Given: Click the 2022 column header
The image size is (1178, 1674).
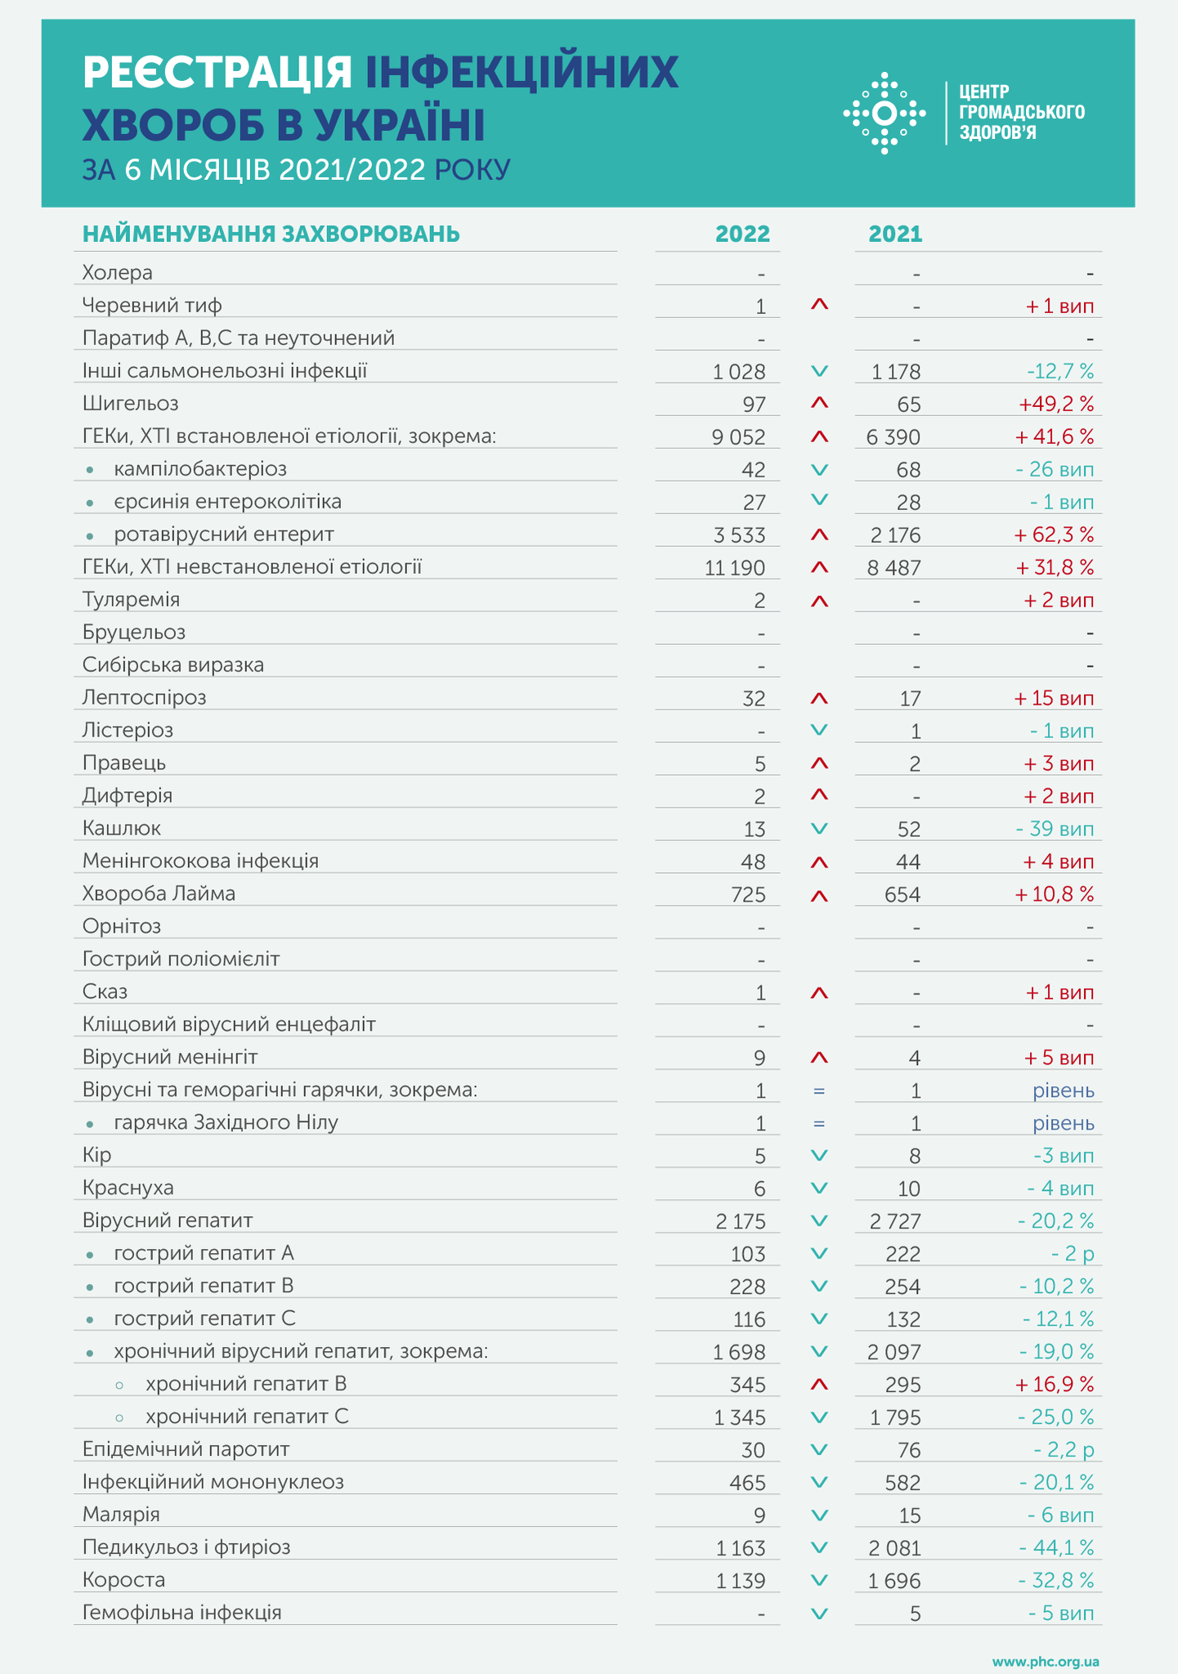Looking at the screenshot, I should [x=742, y=235].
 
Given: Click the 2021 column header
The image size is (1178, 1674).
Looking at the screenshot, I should [x=895, y=235].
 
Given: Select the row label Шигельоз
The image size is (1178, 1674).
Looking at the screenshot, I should [x=131, y=404].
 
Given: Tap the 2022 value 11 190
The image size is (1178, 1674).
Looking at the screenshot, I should [x=735, y=568].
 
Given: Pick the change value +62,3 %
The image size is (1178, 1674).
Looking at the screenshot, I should [x=1054, y=535].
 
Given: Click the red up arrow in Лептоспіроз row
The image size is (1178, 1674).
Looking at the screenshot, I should [x=819, y=699].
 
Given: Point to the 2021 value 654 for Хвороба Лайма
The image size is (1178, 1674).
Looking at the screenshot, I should [x=903, y=895].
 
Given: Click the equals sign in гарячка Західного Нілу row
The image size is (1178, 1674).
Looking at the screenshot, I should [x=819, y=1124].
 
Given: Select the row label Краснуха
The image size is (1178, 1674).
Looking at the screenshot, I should [x=128, y=1188].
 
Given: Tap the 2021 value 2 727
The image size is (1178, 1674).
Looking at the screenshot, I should [x=895, y=1222].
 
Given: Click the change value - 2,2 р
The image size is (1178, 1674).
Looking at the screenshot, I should [x=1064, y=1450].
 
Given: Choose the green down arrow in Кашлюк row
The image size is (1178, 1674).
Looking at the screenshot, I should [x=819, y=829].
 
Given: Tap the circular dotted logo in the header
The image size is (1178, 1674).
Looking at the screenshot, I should [x=884, y=114].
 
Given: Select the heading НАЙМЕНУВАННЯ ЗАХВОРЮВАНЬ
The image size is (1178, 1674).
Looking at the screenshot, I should [x=271, y=235].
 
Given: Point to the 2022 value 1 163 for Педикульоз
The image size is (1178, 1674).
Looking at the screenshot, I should [x=741, y=1548].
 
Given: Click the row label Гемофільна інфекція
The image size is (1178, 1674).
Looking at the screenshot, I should [x=182, y=1613].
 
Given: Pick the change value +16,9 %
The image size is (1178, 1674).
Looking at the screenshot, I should [x=1054, y=1385].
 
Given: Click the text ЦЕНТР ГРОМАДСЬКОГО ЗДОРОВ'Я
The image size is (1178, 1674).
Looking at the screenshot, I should [x=1021, y=112].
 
